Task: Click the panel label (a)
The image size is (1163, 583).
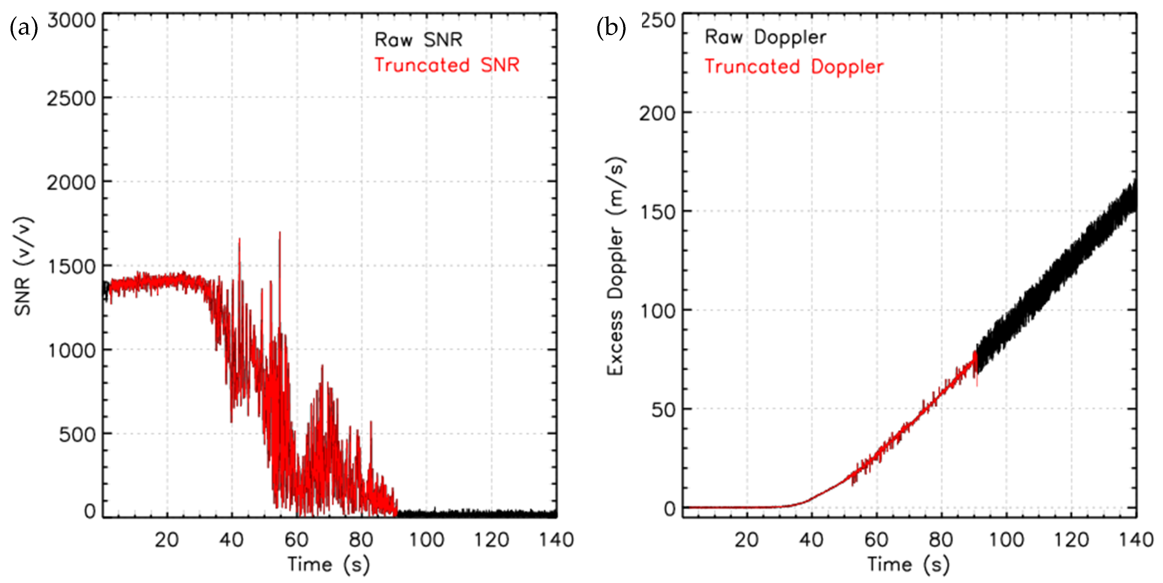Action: tap(24, 28)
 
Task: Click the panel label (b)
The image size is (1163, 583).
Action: tap(611, 28)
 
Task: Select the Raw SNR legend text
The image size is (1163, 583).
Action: tap(419, 40)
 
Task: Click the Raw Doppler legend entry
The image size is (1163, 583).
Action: tap(765, 37)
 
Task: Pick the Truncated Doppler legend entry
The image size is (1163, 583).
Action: tap(794, 67)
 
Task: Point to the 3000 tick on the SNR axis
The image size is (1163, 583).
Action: tap(71, 21)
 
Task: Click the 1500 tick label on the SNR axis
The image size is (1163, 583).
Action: tap(71, 267)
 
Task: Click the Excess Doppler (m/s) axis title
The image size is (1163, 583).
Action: tap(615, 266)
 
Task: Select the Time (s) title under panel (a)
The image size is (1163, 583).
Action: tap(329, 564)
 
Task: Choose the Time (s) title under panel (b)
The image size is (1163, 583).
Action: tap(908, 564)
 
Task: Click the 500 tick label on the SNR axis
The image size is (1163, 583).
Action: tap(77, 435)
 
